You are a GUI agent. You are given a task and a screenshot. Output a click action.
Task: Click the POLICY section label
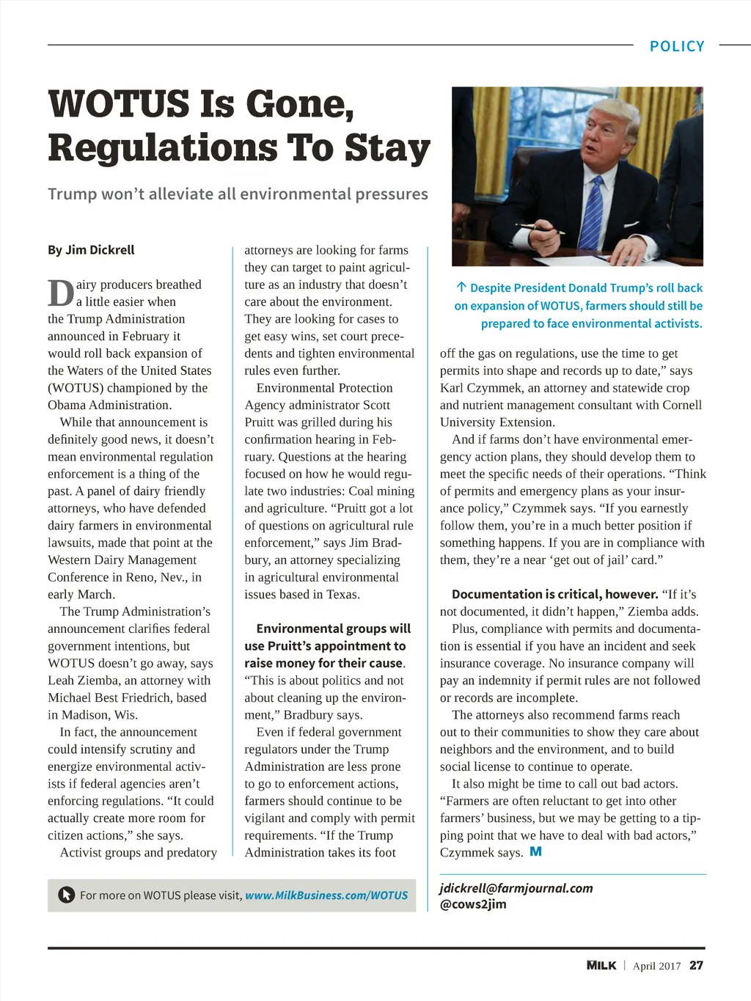(x=676, y=46)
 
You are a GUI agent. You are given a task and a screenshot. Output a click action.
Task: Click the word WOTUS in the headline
(x=118, y=104)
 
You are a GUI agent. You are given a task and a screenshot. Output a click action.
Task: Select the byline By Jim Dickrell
(x=91, y=250)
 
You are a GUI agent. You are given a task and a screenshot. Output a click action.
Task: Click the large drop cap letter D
(x=60, y=293)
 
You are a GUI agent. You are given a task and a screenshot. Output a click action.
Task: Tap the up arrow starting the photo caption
(x=461, y=287)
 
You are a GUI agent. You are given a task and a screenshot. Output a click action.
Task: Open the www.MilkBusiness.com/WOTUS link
(x=326, y=895)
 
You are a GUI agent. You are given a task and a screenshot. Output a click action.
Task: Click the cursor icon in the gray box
(x=66, y=895)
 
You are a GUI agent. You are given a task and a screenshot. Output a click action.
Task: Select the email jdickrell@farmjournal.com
(x=516, y=888)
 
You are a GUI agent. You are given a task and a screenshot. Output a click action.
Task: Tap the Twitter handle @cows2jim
(x=473, y=904)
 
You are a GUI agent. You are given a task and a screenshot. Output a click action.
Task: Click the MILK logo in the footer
(x=601, y=965)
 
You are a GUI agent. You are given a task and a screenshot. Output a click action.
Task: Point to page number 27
(x=696, y=965)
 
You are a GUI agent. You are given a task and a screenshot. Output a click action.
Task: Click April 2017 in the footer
(x=656, y=966)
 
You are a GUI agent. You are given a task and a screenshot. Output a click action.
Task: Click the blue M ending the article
(x=536, y=851)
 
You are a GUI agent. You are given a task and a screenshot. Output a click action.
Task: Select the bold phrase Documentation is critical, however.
(x=554, y=594)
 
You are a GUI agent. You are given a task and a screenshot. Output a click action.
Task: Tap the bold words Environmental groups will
(x=333, y=628)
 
